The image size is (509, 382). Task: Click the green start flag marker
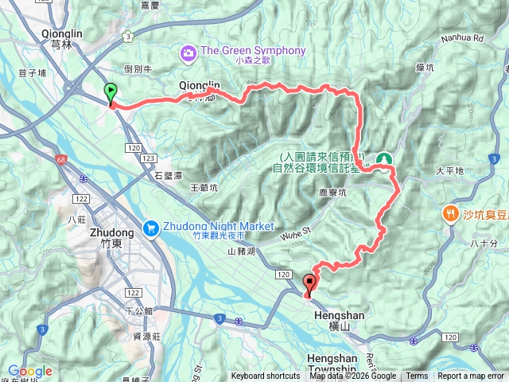click(x=111, y=93)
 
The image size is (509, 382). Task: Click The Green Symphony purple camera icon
click(x=188, y=53)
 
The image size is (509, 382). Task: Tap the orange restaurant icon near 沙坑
click(x=450, y=213)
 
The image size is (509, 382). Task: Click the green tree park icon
click(x=384, y=160)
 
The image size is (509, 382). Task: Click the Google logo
click(x=29, y=371)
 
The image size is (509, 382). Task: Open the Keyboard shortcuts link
click(x=266, y=376)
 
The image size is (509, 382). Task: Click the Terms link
click(x=417, y=376)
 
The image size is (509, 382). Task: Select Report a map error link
click(x=472, y=376)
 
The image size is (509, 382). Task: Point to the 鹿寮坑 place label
click(x=332, y=193)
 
